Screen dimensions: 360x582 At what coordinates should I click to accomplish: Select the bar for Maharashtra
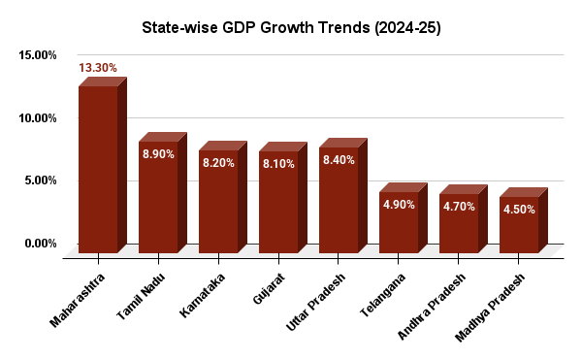(x=98, y=170)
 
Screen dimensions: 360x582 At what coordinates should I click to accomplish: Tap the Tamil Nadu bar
(x=158, y=199)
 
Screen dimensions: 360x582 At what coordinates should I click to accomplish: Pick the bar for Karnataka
(x=218, y=204)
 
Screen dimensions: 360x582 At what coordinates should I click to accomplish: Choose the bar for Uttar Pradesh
(x=339, y=201)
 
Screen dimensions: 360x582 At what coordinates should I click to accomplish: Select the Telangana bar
(x=399, y=223)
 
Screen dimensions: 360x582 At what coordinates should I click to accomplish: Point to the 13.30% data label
(x=99, y=68)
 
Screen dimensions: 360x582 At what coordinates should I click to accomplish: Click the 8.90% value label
(x=158, y=155)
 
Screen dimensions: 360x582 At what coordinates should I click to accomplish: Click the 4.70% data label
(x=459, y=207)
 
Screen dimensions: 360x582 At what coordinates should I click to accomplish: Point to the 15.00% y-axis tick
(x=37, y=56)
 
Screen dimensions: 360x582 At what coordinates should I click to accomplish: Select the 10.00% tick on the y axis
(x=37, y=118)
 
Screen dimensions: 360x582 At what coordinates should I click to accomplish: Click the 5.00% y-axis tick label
(x=40, y=180)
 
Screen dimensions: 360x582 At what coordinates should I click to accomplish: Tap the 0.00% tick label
(x=40, y=244)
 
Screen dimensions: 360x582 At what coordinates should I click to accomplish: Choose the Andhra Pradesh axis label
(x=434, y=307)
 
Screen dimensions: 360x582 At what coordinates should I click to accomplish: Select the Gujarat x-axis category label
(x=266, y=291)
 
